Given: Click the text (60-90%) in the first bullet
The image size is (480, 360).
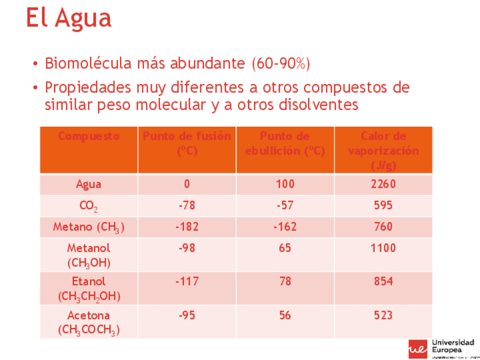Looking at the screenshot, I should (x=281, y=63).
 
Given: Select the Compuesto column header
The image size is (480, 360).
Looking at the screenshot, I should (x=89, y=136).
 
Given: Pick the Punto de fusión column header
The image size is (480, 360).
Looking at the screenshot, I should (x=187, y=144).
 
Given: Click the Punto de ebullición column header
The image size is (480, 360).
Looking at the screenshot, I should (x=285, y=144).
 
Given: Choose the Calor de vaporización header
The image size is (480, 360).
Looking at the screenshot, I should (x=383, y=151).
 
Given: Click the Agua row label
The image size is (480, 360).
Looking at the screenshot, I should (x=89, y=185).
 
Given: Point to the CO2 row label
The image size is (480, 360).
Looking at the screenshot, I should (x=89, y=206).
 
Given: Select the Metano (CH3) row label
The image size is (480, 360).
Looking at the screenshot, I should (x=89, y=228).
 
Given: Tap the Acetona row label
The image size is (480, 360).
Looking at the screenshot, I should (x=89, y=322).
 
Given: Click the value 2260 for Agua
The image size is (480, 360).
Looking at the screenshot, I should (x=383, y=185).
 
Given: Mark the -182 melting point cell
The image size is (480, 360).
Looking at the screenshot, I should (x=187, y=227).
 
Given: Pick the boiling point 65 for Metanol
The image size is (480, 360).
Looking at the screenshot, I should (x=285, y=248).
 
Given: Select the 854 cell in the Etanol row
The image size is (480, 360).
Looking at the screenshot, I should (x=383, y=281).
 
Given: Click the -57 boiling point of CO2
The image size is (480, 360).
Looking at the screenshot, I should (x=285, y=205).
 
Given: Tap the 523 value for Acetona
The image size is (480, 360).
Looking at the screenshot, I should (x=383, y=315).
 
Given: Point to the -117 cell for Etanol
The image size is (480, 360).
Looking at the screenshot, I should (x=187, y=281).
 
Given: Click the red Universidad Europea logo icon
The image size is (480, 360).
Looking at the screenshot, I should (x=418, y=349).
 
